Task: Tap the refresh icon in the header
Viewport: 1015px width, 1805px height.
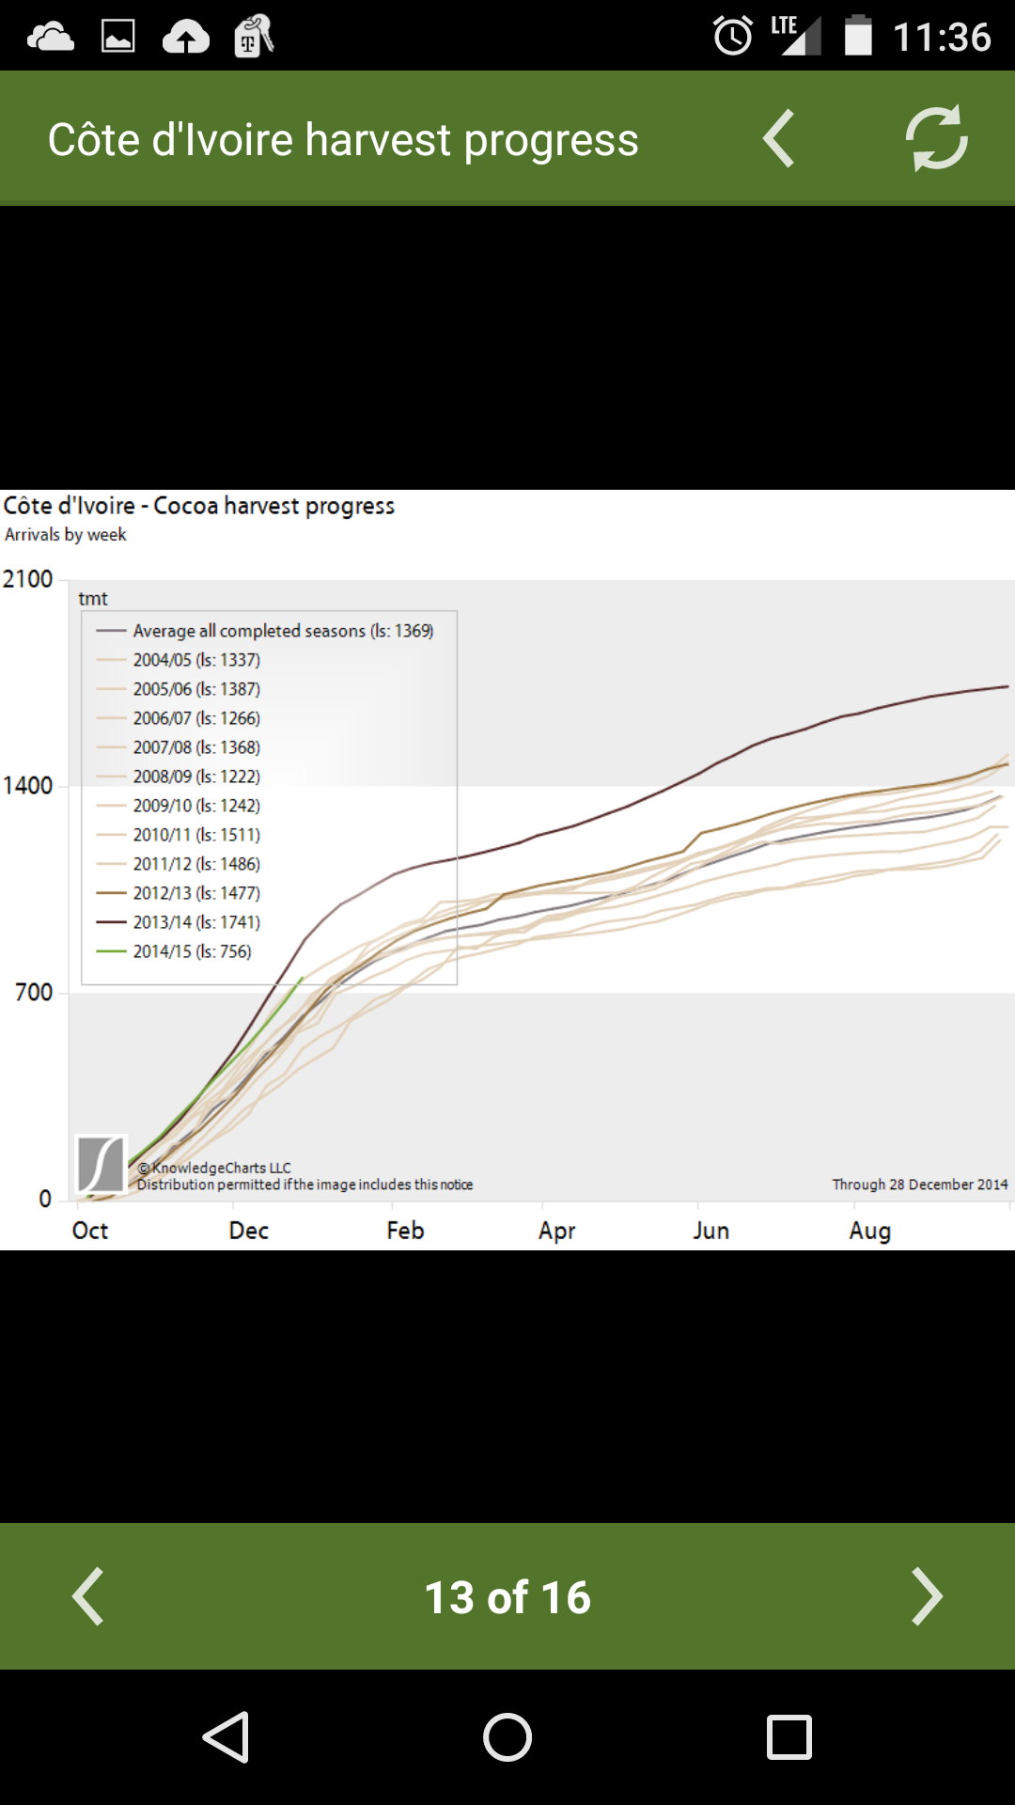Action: click(x=936, y=138)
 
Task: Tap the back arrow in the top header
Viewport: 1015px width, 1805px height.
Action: click(x=779, y=138)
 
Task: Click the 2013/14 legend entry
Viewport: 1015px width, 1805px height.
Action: click(x=195, y=922)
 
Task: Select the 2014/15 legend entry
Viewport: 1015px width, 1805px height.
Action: click(x=192, y=951)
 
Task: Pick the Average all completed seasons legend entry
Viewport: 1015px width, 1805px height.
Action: click(x=282, y=631)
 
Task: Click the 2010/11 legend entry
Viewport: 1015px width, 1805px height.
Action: click(x=195, y=835)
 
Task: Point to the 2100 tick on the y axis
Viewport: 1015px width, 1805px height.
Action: click(x=28, y=579)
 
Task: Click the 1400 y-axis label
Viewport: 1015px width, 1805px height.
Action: click(x=28, y=786)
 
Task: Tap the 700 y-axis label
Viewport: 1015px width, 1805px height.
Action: click(x=34, y=993)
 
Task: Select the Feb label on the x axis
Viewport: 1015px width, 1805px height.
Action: click(x=405, y=1231)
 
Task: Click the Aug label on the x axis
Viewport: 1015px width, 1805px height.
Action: click(x=869, y=1231)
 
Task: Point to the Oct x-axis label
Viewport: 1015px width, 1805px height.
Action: click(x=90, y=1231)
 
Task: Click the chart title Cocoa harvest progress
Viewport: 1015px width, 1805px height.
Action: click(x=199, y=506)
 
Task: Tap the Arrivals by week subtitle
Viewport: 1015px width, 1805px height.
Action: click(x=66, y=535)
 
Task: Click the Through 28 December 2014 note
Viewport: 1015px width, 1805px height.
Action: click(x=919, y=1185)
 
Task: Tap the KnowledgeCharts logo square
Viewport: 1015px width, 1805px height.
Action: click(x=101, y=1164)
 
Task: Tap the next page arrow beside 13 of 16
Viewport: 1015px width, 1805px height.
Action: click(x=927, y=1596)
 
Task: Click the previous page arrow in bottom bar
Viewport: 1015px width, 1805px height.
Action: click(x=88, y=1596)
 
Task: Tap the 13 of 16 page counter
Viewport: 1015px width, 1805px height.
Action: click(x=507, y=1597)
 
